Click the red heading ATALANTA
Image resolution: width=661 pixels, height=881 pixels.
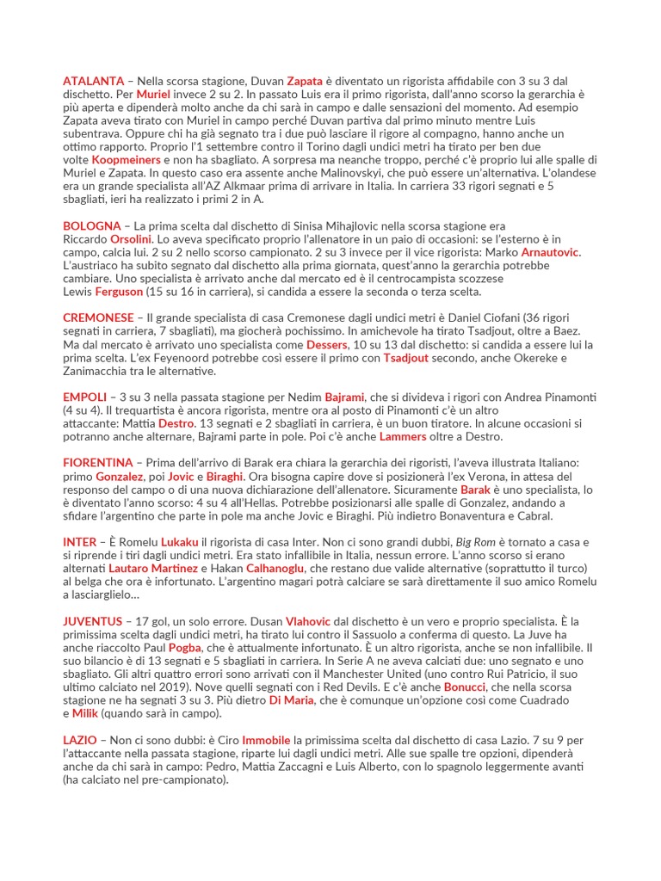tap(93, 81)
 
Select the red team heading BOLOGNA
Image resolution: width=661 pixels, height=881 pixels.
tap(91, 225)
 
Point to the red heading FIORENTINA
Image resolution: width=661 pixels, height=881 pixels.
tap(98, 463)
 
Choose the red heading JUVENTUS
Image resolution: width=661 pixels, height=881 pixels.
tap(93, 620)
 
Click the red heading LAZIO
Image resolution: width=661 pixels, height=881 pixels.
tap(80, 740)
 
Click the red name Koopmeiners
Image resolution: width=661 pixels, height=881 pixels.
tap(127, 160)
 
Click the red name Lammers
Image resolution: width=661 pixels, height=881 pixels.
tap(403, 436)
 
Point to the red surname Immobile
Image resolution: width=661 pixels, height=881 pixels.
tap(266, 740)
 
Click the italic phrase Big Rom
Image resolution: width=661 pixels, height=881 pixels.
tap(477, 542)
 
